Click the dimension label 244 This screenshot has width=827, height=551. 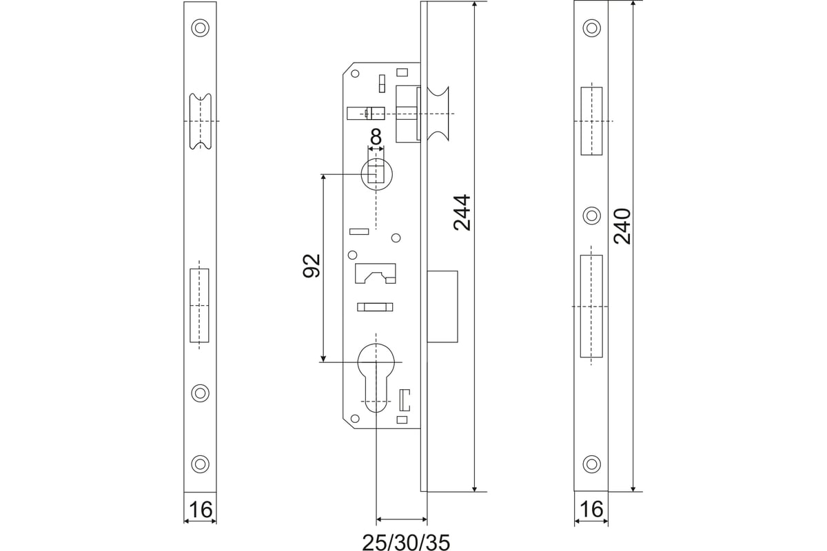(462, 213)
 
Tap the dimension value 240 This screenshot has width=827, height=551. (622, 226)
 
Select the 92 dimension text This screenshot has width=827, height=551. (312, 266)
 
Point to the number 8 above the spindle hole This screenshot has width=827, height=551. (376, 137)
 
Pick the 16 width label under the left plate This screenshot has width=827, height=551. (201, 510)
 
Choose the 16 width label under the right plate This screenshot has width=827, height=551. (591, 509)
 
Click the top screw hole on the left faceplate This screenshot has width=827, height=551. (200, 28)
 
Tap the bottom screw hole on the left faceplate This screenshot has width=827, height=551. (200, 464)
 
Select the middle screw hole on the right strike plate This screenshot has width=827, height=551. (591, 216)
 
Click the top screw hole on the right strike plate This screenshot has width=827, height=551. (591, 28)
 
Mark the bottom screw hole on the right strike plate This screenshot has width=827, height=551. (591, 464)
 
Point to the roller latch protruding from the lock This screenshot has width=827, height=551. (438, 114)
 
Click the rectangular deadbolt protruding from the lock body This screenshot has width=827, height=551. (442, 306)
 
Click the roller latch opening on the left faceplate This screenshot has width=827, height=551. (201, 121)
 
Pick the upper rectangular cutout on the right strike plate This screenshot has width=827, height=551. (591, 121)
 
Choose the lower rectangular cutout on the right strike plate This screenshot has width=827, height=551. (591, 306)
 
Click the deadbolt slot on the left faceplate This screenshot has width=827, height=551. (199, 306)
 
